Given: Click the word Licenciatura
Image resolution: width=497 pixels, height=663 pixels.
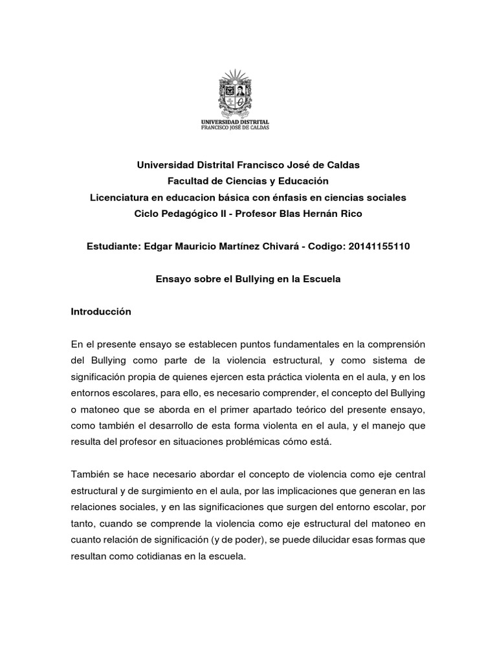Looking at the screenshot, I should coord(120,196).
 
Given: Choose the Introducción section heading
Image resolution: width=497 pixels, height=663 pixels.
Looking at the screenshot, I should coord(101,311).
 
